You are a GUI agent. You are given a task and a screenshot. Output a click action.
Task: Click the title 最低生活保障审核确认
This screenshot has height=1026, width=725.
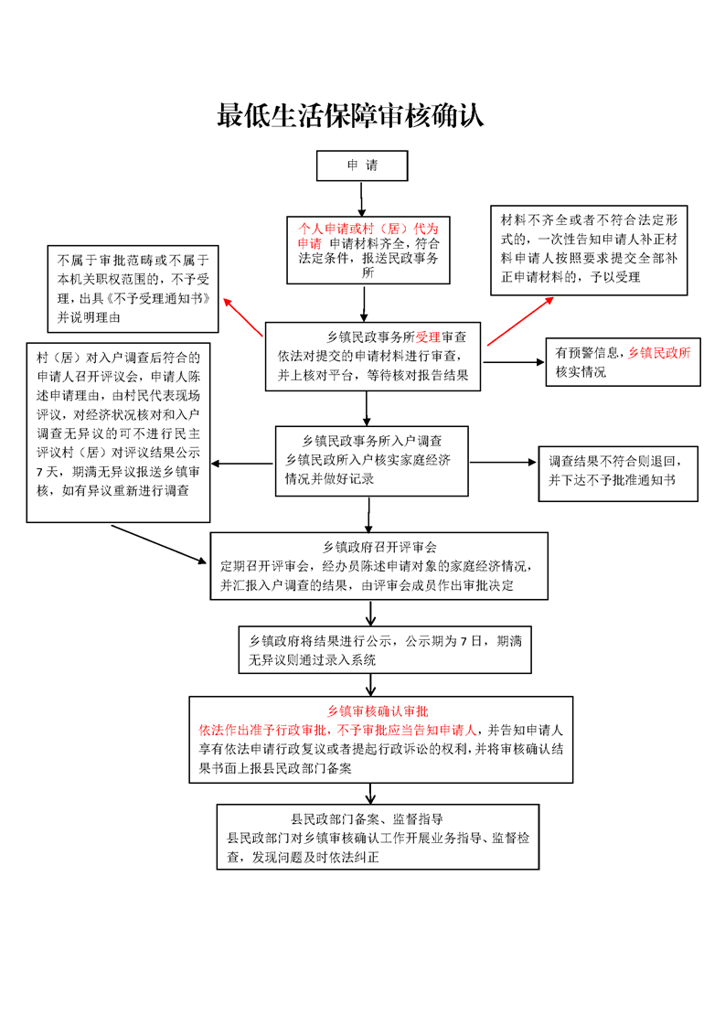350,116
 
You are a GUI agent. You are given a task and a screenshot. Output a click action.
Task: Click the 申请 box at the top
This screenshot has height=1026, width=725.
362,166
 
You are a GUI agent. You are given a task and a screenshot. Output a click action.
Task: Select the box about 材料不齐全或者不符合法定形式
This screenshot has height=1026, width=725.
589,250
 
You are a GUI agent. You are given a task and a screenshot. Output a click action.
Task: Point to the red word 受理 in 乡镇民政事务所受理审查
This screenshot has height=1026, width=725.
428,336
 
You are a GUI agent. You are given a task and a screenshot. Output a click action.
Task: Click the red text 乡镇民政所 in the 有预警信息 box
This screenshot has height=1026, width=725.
659,353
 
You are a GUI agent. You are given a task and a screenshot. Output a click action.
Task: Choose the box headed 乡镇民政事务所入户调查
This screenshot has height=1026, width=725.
371,459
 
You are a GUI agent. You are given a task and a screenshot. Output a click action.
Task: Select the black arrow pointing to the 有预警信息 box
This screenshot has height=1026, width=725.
514,362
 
